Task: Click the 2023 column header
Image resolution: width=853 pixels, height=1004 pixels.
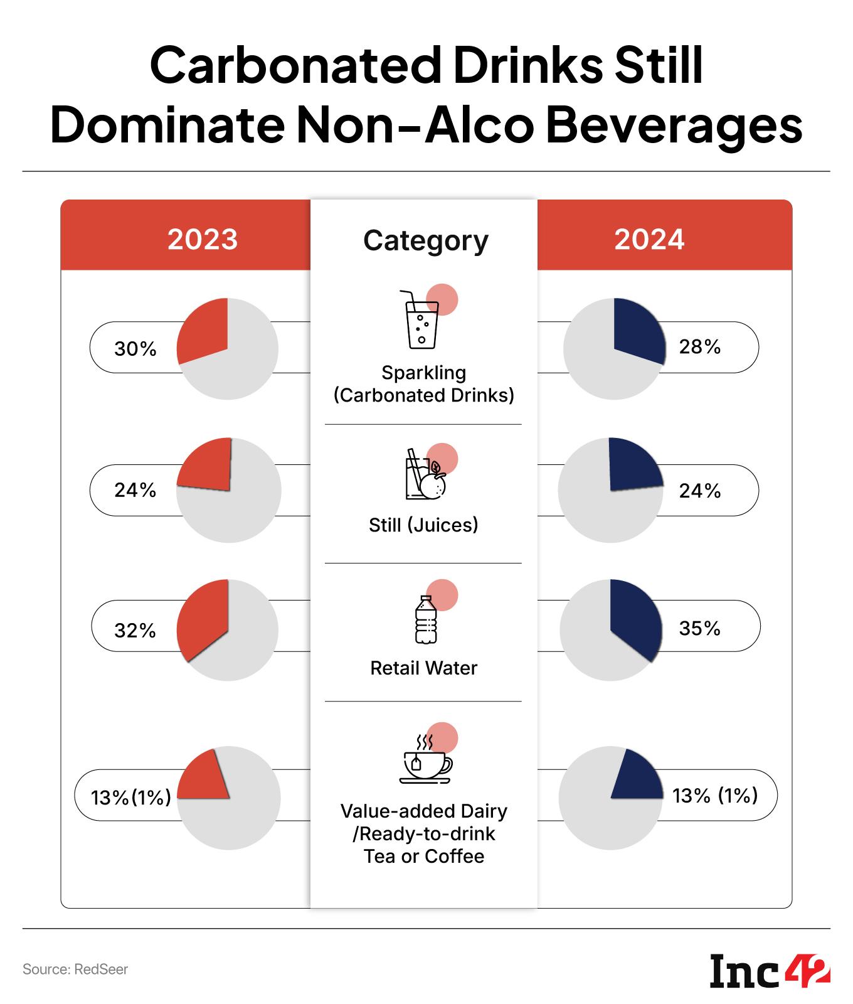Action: [203, 239]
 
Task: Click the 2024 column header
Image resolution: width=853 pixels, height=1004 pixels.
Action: [649, 239]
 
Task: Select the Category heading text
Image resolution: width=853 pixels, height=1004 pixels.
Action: [425, 240]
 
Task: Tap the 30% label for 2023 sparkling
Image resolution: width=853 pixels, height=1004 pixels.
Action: [135, 349]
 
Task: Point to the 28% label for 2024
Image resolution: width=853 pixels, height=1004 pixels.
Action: [700, 346]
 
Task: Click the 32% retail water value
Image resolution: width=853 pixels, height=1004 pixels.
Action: [135, 630]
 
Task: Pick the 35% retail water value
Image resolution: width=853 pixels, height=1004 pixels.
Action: [700, 628]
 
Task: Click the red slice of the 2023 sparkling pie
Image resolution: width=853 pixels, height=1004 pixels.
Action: [204, 329]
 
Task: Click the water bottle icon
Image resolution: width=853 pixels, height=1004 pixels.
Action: [426, 620]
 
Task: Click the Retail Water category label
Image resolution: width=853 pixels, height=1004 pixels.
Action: [424, 668]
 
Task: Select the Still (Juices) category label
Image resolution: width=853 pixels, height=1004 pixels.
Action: [423, 525]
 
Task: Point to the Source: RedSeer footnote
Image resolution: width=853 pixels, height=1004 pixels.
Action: [75, 969]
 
